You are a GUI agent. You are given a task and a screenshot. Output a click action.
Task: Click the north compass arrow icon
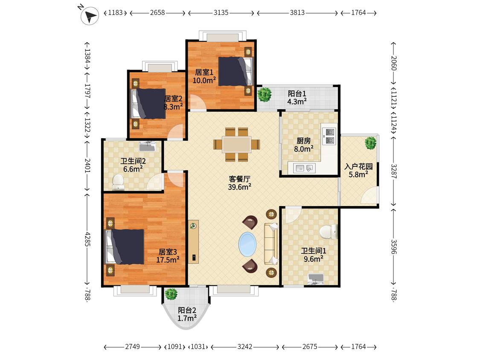[90, 16]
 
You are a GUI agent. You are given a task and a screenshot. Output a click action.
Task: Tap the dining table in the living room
[237, 144]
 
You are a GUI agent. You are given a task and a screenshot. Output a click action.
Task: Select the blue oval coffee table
[247, 244]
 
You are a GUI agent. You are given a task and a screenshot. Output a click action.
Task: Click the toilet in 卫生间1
[329, 232]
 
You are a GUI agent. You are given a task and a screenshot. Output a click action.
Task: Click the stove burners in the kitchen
[330, 136]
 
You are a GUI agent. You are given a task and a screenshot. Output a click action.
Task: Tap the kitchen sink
[305, 168]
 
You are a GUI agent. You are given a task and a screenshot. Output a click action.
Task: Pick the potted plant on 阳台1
[264, 94]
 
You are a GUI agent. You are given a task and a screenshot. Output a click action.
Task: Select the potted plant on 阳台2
[171, 294]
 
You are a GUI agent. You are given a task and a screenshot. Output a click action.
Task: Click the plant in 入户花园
[370, 143]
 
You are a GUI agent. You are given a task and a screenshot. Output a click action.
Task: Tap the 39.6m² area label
[239, 187]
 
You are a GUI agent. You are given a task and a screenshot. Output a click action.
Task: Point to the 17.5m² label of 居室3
[168, 260]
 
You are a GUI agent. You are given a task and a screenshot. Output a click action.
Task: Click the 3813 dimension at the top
[297, 12]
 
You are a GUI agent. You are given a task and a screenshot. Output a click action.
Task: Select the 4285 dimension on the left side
[87, 239]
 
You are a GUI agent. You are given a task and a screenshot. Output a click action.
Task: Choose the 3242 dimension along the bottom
[245, 346]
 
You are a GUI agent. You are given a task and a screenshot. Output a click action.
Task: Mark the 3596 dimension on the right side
[394, 247]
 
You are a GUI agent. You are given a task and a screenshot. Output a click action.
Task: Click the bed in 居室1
[236, 71]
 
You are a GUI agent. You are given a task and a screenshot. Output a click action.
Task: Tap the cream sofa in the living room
[271, 244]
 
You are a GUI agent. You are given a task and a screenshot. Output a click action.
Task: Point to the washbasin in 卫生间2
[148, 146]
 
